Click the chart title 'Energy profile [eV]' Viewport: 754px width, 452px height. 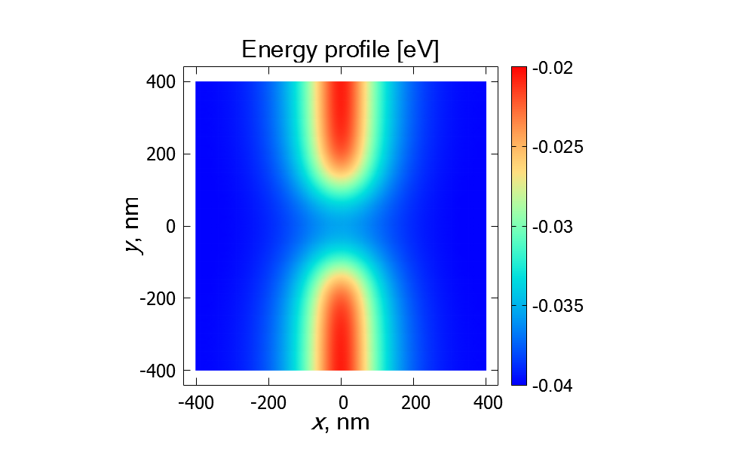click(x=340, y=50)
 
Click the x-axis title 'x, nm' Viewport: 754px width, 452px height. click(x=341, y=422)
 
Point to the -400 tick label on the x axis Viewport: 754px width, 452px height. click(x=196, y=402)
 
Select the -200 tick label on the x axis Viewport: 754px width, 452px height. click(x=268, y=402)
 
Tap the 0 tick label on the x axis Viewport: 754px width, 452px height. click(x=342, y=402)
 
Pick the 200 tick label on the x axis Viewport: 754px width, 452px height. click(x=414, y=402)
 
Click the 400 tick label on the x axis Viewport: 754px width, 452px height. click(x=486, y=402)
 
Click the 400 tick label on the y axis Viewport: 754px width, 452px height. click(x=161, y=81)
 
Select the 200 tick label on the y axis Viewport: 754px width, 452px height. click(x=161, y=154)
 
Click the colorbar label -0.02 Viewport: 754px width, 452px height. click(x=553, y=68)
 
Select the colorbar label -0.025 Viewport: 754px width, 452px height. click(x=557, y=147)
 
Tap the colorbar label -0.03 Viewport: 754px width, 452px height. click(x=553, y=227)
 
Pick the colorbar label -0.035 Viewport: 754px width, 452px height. click(x=557, y=306)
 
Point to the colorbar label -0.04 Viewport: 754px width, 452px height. click(x=553, y=386)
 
